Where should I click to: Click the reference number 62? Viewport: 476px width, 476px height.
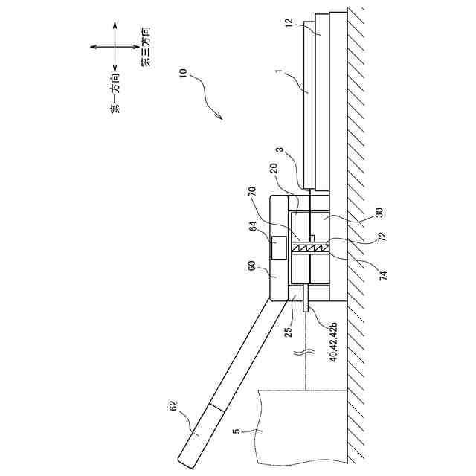point(173,406)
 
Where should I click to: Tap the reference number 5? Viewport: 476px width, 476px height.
point(237,431)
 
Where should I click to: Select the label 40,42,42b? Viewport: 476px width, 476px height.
point(333,342)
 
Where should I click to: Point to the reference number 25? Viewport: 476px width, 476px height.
point(289,332)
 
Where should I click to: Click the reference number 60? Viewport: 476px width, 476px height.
point(252,266)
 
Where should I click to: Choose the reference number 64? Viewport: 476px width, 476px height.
point(253,226)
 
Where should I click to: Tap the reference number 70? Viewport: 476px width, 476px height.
point(252,192)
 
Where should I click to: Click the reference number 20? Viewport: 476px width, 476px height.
point(274,169)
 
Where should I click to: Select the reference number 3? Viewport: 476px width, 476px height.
point(280,149)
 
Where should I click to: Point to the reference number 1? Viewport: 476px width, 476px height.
point(279,71)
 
